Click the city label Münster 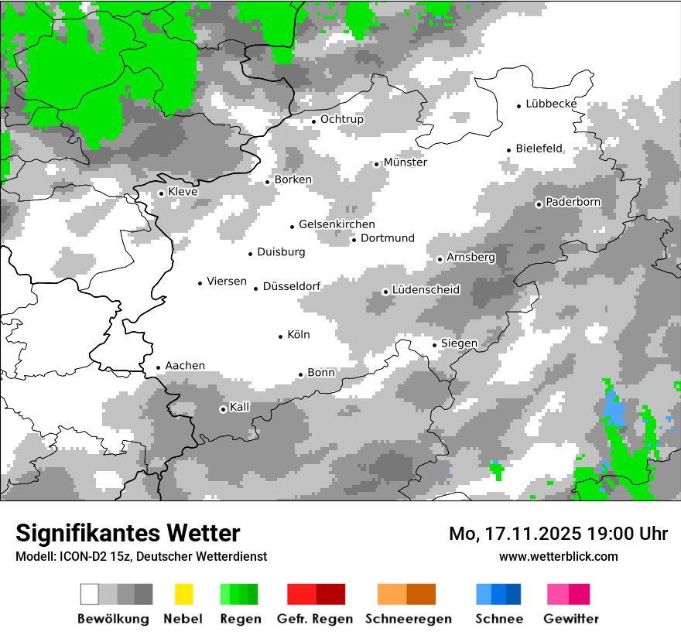(x=405, y=162)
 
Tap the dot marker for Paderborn (x=539, y=204)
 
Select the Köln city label (x=298, y=335)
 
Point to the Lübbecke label (x=551, y=104)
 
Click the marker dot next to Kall (x=223, y=409)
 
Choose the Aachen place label (x=185, y=366)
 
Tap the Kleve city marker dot (x=161, y=193)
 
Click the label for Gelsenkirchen (x=337, y=224)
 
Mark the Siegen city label (x=459, y=343)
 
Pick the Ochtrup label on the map (x=341, y=119)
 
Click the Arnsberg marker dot (x=440, y=259)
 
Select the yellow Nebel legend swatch (x=184, y=594)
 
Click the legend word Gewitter (x=571, y=619)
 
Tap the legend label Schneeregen (x=408, y=619)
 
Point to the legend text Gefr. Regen (x=315, y=619)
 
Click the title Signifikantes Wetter (x=128, y=533)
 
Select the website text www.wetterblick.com (x=558, y=556)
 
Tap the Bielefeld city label (x=539, y=149)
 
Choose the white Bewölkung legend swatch (x=90, y=594)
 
